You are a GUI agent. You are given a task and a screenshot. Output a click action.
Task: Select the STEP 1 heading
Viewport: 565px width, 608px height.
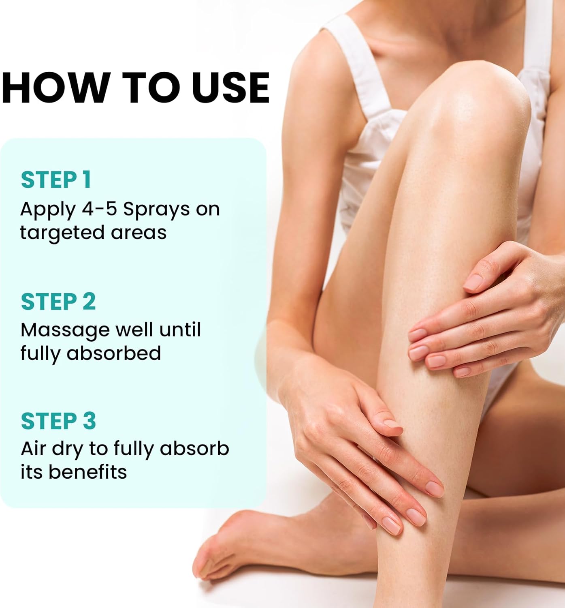[56, 180]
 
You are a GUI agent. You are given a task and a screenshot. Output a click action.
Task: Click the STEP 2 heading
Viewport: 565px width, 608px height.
[58, 302]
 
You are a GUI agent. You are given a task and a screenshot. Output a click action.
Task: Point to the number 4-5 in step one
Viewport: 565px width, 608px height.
[100, 209]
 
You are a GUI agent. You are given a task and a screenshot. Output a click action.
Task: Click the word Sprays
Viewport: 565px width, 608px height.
[156, 210]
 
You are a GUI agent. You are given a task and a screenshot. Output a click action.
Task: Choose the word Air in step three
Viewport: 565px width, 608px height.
[33, 449]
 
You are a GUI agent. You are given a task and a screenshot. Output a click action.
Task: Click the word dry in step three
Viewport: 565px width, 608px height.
[67, 450]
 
